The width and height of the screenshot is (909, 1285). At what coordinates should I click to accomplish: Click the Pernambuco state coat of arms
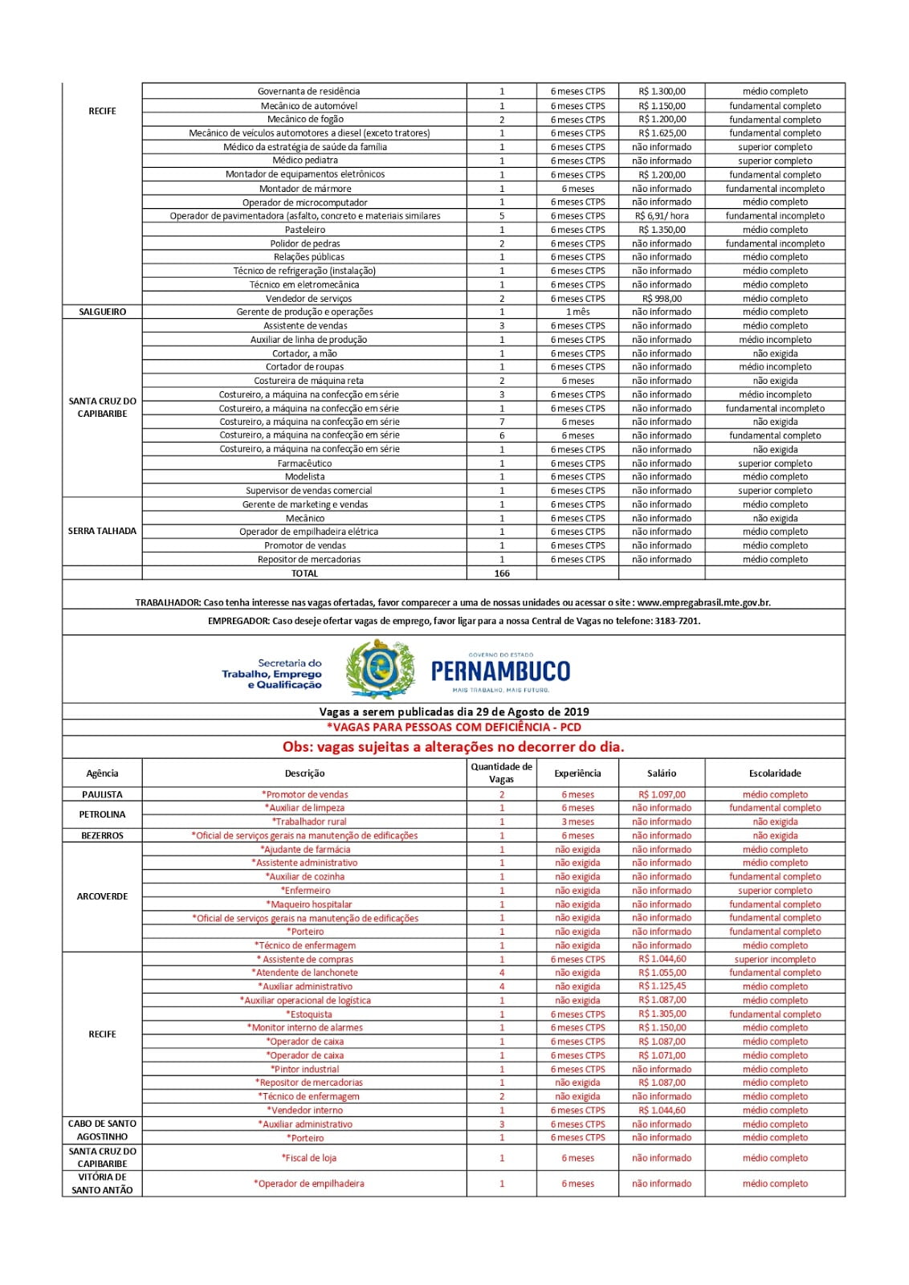[x=380, y=669]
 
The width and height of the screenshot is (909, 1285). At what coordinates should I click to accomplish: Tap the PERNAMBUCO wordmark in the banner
[x=500, y=671]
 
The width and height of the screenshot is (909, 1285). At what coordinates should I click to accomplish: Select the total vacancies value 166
[x=502, y=573]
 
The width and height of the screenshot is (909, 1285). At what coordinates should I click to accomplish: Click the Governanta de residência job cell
[x=308, y=92]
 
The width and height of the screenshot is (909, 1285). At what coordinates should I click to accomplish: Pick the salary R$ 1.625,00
[x=662, y=133]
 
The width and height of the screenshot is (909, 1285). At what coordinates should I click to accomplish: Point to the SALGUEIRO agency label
[x=102, y=312]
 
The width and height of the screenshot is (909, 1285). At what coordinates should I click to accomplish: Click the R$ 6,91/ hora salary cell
[x=662, y=216]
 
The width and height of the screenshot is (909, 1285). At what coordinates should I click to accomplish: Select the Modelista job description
[x=304, y=477]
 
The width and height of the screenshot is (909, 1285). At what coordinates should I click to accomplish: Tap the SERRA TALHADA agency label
[x=102, y=531]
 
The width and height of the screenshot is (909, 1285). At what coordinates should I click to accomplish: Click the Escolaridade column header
[x=775, y=773]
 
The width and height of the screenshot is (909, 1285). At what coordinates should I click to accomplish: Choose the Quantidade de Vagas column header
[x=501, y=773]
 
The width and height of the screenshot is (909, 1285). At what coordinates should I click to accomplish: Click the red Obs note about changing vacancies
[x=453, y=747]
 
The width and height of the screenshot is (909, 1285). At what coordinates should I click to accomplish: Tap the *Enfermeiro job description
[x=305, y=891]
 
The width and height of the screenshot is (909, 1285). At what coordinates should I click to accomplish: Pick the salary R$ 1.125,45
[x=662, y=986]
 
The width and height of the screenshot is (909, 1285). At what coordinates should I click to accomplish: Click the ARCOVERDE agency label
[x=102, y=896]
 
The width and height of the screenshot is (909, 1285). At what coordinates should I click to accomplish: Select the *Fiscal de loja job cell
[x=308, y=1158]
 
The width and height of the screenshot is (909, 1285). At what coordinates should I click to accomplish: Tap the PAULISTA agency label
[x=102, y=794]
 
